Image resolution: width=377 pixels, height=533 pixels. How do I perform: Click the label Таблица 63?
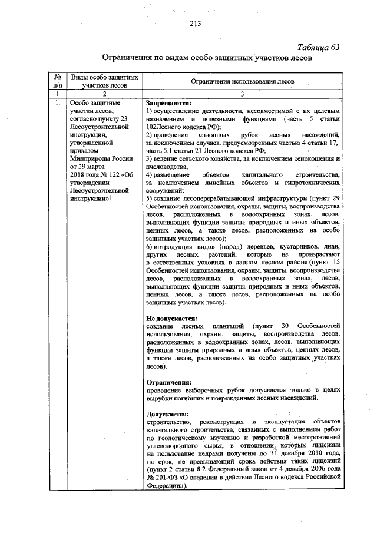pyautogui.click(x=319, y=48)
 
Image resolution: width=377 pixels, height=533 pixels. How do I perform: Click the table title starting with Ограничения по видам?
pyautogui.click(x=206, y=59)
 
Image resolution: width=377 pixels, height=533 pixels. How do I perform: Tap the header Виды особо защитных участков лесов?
pyautogui.click(x=104, y=81)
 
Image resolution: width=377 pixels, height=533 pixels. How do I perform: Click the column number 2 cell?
pyautogui.click(x=104, y=94)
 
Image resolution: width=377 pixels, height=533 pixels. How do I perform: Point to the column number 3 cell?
pyautogui.click(x=243, y=94)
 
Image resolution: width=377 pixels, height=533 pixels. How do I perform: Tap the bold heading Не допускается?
pyautogui.click(x=171, y=317)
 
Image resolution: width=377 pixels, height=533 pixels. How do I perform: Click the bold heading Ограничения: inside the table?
pyautogui.click(x=169, y=382)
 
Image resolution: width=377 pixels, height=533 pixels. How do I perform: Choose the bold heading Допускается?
pyautogui.click(x=167, y=414)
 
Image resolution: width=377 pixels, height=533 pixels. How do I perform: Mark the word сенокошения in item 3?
pyautogui.click(x=312, y=158)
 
